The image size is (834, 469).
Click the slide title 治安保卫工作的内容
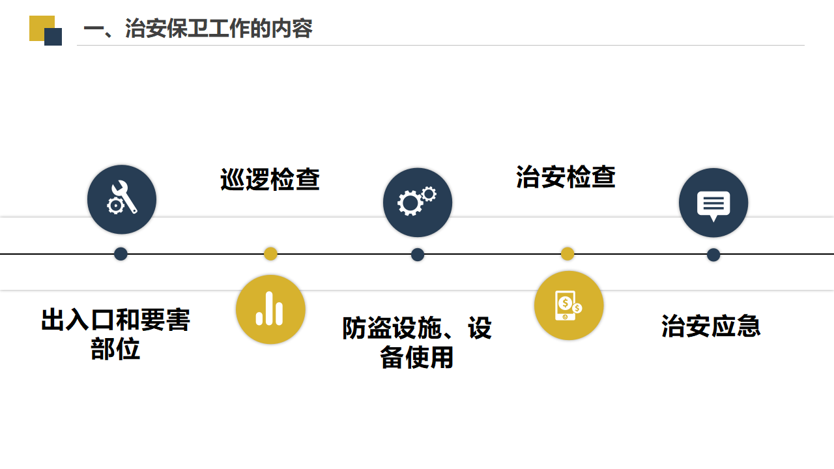(198, 28)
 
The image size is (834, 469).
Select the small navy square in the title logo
(53, 37)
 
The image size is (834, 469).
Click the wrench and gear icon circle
(122, 199)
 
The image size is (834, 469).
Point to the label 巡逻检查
(270, 179)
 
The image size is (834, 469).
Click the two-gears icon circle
(418, 203)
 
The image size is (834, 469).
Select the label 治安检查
(566, 177)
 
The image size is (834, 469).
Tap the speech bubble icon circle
(713, 203)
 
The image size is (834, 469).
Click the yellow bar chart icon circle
(270, 309)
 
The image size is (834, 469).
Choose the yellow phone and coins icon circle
(569, 306)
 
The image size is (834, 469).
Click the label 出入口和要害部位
(115, 334)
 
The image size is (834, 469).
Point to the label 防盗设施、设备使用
(417, 343)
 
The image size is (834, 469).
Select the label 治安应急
(711, 326)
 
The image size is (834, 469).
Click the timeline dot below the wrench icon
(121, 254)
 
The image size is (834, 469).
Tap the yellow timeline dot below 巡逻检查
(270, 254)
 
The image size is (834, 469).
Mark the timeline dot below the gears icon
(418, 255)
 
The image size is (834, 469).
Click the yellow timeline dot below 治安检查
(568, 254)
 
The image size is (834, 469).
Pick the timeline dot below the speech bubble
(713, 255)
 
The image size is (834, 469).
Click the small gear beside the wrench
(115, 205)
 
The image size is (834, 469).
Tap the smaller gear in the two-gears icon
(429, 194)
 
